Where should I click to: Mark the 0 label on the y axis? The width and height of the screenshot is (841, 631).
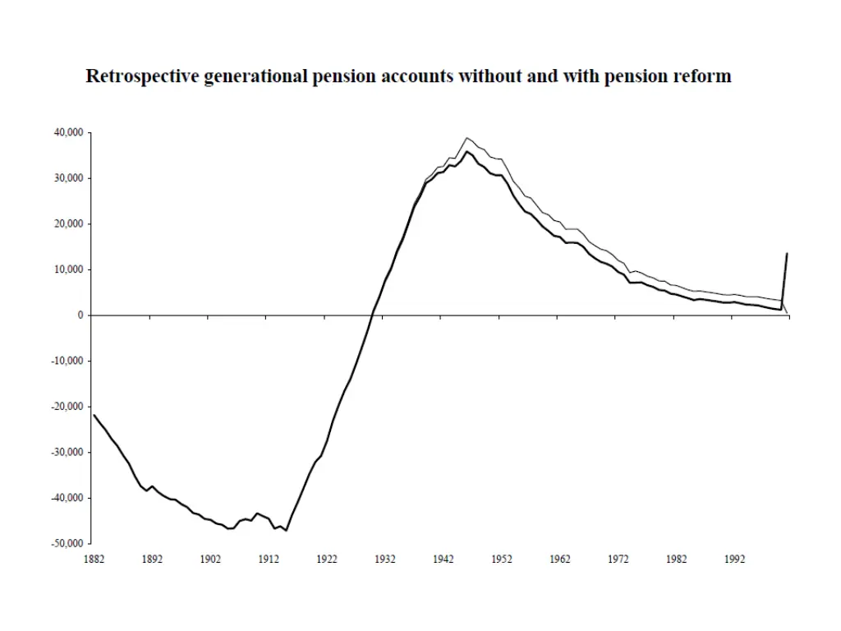pos(80,315)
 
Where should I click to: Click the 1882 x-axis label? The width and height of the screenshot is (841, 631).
pos(94,560)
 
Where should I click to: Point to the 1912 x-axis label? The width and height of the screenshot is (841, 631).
pos(269,560)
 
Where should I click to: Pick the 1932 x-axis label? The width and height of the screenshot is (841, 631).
pos(385,560)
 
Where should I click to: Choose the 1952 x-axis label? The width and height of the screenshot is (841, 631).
pos(502,560)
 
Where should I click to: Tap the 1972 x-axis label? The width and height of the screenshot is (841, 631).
pos(618,560)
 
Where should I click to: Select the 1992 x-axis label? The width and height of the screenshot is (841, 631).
pos(735,560)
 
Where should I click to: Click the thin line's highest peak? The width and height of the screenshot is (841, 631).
pos(466,138)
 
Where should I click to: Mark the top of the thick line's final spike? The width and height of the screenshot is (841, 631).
pos(787,253)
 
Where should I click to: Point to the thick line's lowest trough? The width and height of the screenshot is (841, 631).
pos(286,531)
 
